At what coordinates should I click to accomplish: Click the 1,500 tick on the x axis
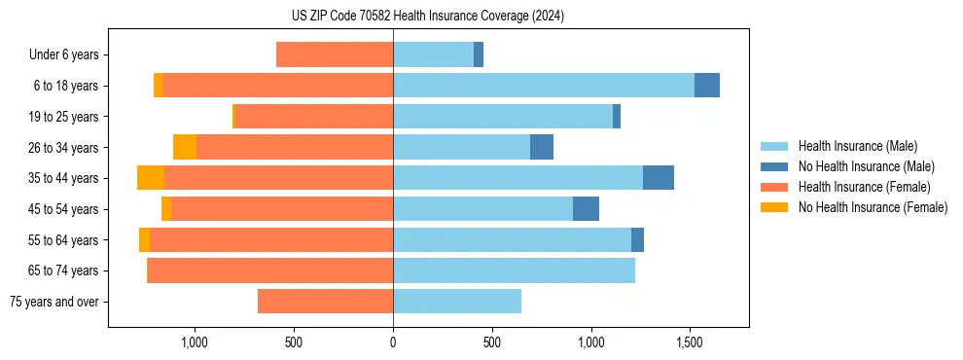(690, 343)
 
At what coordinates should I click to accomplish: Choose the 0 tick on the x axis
(393, 343)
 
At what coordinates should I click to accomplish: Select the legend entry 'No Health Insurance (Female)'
(873, 207)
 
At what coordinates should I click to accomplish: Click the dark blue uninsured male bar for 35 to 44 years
(659, 178)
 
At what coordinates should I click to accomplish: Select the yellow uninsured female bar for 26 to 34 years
(185, 147)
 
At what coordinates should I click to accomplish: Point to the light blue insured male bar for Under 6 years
(433, 54)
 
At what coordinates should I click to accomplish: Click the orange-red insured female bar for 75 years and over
(325, 302)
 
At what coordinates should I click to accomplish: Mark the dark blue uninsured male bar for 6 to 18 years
(707, 86)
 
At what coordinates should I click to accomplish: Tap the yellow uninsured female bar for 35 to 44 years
(151, 178)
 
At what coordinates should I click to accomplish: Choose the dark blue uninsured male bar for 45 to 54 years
(586, 208)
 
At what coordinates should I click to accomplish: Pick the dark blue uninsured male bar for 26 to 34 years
(542, 147)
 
